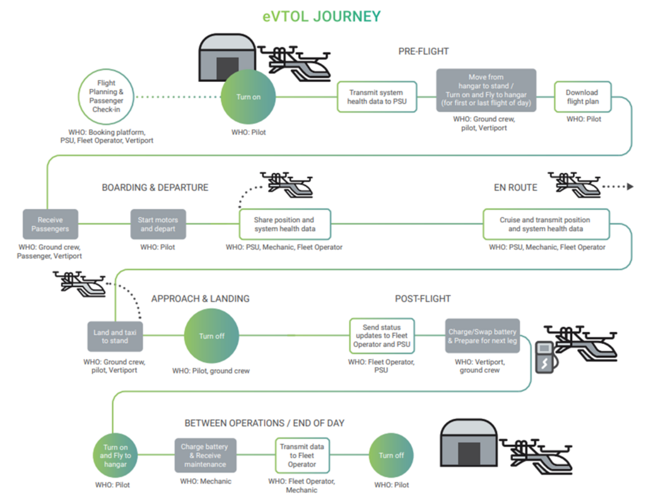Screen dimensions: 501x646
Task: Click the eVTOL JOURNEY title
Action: point(322,15)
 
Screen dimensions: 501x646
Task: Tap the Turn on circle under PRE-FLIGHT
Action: point(248,97)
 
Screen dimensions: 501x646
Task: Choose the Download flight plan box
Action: point(582,97)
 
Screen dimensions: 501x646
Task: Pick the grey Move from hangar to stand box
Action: point(486,90)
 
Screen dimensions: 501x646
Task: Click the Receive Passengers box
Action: point(50,224)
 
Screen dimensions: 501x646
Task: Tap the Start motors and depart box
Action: point(158,224)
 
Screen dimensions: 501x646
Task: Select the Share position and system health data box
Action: point(285,224)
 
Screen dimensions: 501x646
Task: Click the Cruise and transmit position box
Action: point(546,224)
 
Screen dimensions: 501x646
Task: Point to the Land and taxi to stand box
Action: point(114,336)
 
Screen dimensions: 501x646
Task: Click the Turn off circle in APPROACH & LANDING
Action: point(212,336)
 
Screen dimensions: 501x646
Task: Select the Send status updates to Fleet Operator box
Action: point(380,336)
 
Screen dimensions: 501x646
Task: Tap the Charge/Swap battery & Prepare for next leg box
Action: point(483,336)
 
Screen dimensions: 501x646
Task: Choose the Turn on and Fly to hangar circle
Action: point(115,456)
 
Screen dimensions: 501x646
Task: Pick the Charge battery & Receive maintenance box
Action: point(205,456)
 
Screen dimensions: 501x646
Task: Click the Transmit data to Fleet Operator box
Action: point(302,456)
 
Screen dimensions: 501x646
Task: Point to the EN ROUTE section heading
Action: point(515,187)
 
